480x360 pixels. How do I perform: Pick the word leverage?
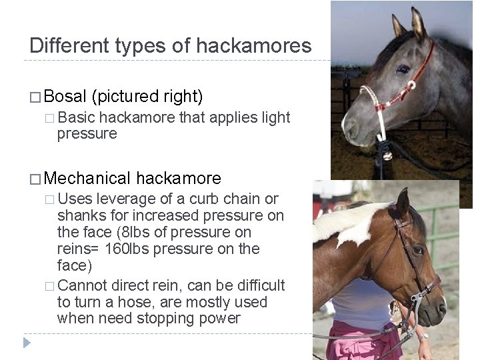[129, 199]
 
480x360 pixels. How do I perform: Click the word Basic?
[76, 118]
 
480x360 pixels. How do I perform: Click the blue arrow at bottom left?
[27, 343]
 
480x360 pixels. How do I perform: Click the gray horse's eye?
[402, 68]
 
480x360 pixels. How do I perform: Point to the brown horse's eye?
[417, 251]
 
